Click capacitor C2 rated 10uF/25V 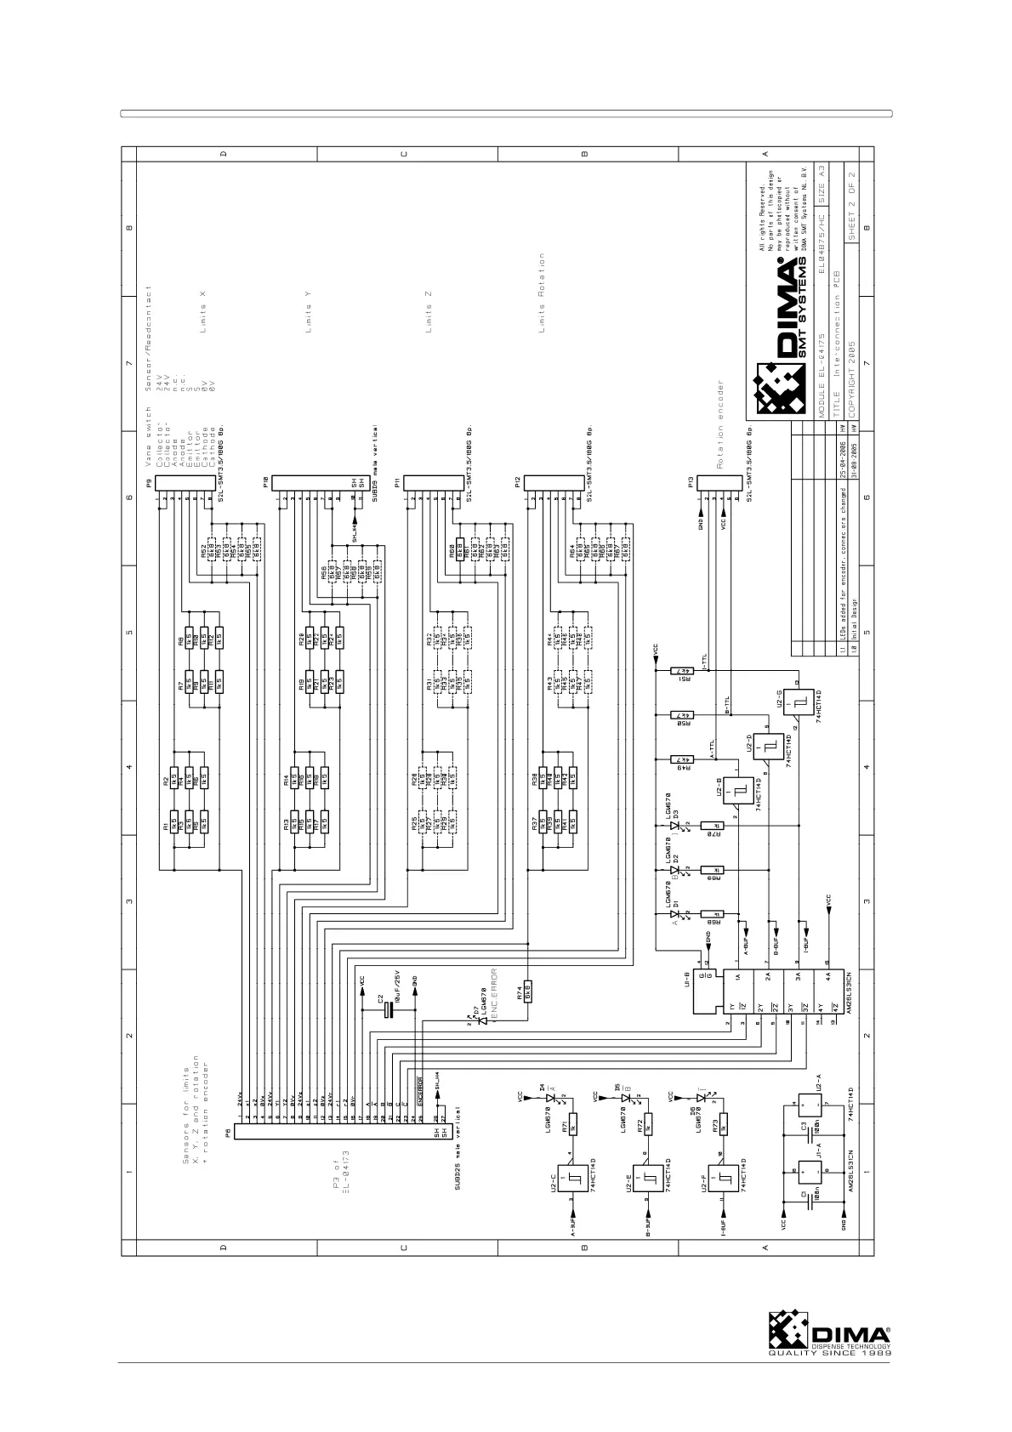click(389, 1009)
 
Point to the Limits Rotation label click(542, 293)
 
